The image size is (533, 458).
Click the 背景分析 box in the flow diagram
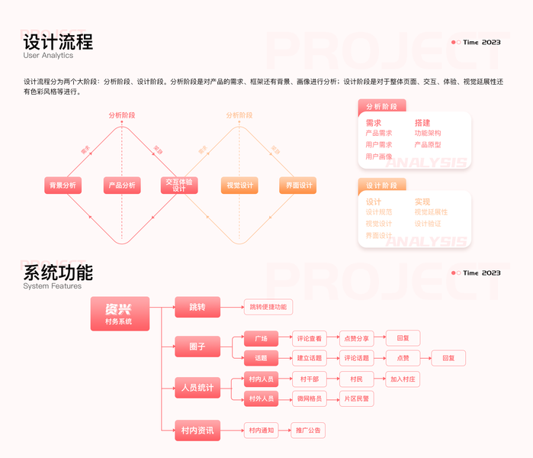click(x=63, y=185)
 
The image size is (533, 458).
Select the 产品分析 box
click(x=122, y=185)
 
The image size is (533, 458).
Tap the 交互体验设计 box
click(x=180, y=185)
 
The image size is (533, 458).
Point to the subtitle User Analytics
click(x=48, y=56)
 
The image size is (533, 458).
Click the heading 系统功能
click(x=58, y=273)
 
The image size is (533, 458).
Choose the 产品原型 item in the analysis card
click(x=428, y=145)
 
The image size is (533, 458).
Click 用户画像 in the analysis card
click(x=379, y=156)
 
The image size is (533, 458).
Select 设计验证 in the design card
click(x=428, y=224)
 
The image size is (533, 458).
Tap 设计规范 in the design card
click(x=379, y=212)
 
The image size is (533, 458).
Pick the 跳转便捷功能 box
click(x=268, y=307)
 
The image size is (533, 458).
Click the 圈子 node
click(x=197, y=346)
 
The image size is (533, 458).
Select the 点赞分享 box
click(x=355, y=338)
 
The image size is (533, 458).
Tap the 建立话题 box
click(x=310, y=358)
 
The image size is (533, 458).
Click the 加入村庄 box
click(x=403, y=379)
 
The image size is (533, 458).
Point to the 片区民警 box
click(x=355, y=398)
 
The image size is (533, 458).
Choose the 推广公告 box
click(x=309, y=431)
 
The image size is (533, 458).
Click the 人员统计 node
click(x=197, y=388)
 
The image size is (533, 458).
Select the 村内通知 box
click(x=262, y=431)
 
